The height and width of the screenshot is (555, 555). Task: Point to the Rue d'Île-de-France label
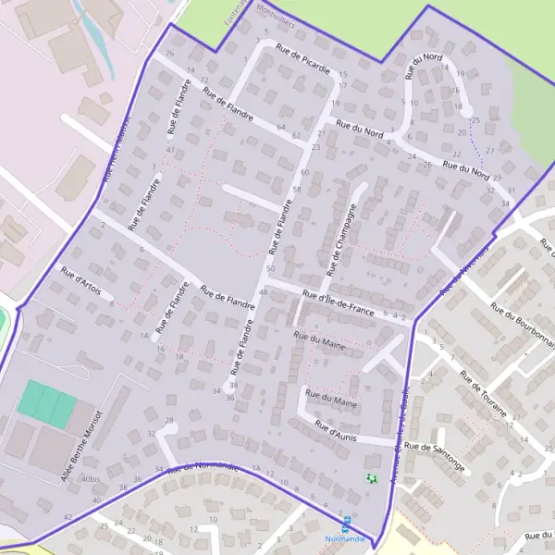tap(339, 303)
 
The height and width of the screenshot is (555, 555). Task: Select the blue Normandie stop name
tap(345, 538)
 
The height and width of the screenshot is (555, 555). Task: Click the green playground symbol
tap(372, 478)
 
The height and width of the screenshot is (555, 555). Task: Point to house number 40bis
tap(90, 479)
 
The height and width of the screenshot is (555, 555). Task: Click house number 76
tap(169, 54)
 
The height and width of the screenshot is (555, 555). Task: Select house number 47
tap(171, 150)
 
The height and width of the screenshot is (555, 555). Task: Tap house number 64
tap(281, 127)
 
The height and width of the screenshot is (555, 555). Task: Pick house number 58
tap(297, 190)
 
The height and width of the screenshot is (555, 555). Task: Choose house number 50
tap(270, 268)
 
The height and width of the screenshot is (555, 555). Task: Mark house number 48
tap(264, 292)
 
